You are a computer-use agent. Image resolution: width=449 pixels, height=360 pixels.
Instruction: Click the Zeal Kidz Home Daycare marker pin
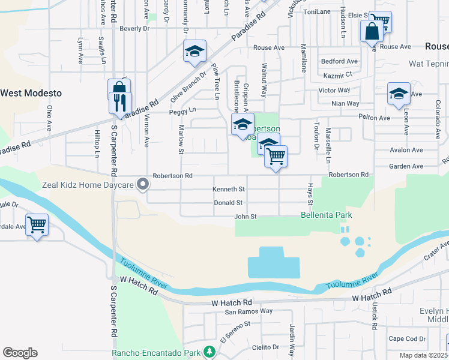[142, 184]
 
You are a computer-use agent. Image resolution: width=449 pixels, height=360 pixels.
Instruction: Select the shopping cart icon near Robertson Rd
[276, 156]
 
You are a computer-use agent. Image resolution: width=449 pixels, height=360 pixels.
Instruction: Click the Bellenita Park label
[326, 215]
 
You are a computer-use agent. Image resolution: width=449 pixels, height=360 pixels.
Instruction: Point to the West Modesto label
[31, 93]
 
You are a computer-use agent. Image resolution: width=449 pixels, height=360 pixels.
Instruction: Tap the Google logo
[20, 353]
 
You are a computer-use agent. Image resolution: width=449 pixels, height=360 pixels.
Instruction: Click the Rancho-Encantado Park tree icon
[209, 352]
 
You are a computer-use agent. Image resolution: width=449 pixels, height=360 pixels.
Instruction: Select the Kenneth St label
[229, 189]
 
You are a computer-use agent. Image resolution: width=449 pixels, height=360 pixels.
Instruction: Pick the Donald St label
[228, 203]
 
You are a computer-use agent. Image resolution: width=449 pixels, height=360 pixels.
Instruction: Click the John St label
[245, 216]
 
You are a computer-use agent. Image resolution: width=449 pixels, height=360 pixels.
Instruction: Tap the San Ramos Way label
[249, 311]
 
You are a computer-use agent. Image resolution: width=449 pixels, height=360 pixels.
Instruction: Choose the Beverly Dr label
[134, 28]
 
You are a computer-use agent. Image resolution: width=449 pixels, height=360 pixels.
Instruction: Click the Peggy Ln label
[183, 110]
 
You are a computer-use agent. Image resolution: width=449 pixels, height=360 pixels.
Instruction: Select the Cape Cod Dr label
[408, 338]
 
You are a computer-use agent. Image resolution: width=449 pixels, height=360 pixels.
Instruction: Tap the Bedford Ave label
[339, 61]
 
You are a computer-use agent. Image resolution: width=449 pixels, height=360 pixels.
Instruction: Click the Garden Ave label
[403, 166]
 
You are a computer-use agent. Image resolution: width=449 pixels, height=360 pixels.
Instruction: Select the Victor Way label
[334, 90]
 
